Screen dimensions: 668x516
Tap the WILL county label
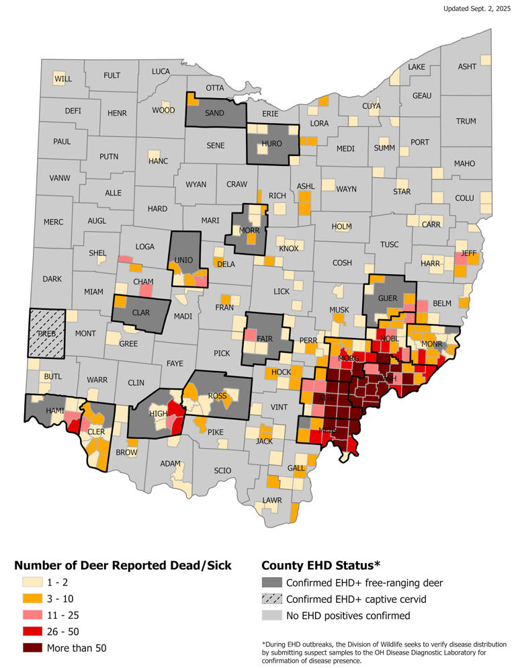(62, 79)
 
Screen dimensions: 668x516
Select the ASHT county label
(467, 67)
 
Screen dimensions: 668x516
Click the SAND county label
(214, 113)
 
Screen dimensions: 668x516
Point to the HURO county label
(271, 144)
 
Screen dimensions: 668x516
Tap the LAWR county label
(271, 500)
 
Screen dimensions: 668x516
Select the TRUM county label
(466, 122)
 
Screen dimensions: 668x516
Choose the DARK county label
(51, 278)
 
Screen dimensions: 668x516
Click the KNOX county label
(288, 249)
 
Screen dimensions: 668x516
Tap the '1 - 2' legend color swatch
(27, 583)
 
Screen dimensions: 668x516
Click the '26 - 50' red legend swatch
(27, 632)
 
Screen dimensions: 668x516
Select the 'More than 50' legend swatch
(27, 648)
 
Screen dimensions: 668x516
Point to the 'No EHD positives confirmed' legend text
(347, 616)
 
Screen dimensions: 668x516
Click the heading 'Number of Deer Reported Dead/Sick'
(123, 565)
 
